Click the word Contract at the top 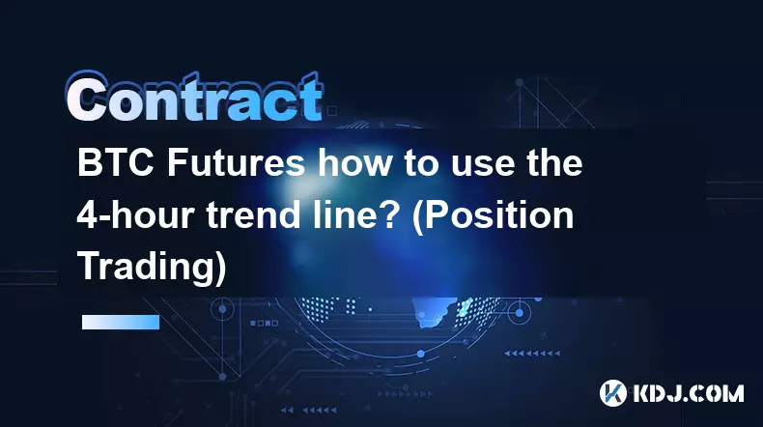[x=194, y=98]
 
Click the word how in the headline [x=354, y=162]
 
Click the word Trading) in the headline [x=152, y=268]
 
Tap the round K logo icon [x=612, y=392]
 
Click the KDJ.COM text [x=688, y=393]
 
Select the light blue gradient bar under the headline [x=121, y=322]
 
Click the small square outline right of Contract [x=332, y=111]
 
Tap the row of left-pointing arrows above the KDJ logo [x=532, y=353]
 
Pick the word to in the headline [x=420, y=164]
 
